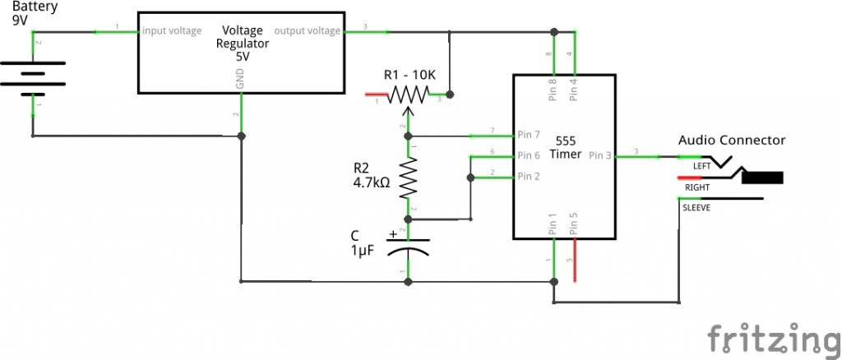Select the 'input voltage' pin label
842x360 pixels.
[x=172, y=31]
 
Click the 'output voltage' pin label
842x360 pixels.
[x=307, y=31]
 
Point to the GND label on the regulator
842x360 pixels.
[x=240, y=79]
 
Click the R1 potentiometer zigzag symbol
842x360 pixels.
[x=409, y=95]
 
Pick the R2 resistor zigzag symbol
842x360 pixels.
[x=409, y=178]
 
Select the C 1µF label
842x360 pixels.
[x=362, y=243]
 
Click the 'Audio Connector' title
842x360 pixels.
[x=731, y=141]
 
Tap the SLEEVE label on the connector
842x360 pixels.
[x=698, y=208]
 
